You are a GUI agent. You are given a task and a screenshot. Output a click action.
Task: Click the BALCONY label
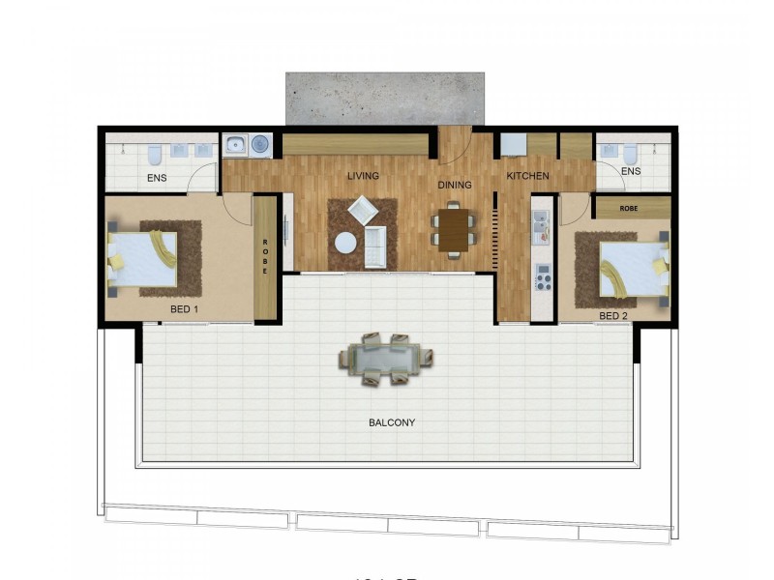pos(392,422)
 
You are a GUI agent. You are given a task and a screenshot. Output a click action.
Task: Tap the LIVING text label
pos(363,176)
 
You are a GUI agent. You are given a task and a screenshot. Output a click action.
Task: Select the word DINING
pos(454,185)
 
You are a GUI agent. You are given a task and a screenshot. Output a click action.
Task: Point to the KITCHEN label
pos(527,176)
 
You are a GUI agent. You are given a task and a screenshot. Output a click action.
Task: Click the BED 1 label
pos(184,309)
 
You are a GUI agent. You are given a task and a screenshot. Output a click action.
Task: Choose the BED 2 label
pos(614,315)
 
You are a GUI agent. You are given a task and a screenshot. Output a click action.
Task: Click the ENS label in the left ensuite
pos(157,178)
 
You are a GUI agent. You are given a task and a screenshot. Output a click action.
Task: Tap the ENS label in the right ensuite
pos(631,171)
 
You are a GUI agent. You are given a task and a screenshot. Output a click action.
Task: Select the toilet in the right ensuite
pos(630,154)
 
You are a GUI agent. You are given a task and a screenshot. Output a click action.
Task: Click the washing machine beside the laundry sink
pos(259,145)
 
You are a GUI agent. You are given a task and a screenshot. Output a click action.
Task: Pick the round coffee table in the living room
pos(345,243)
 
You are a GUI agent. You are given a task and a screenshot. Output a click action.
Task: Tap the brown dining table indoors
pos(452,230)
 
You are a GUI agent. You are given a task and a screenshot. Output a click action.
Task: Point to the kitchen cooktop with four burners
pos(543,279)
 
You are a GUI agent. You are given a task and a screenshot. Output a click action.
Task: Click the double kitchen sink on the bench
pos(542,230)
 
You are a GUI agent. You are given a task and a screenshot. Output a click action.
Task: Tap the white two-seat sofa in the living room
pos(374,248)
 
